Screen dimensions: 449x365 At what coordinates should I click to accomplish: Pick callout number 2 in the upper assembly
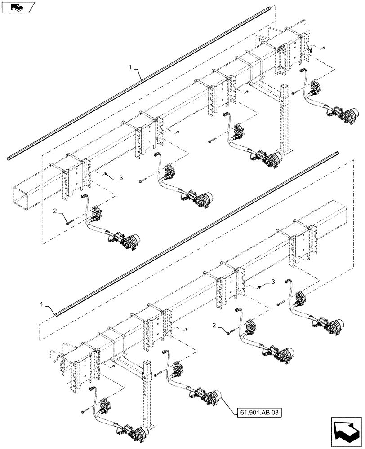point(54,210)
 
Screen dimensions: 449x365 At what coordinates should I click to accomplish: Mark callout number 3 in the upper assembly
point(121,178)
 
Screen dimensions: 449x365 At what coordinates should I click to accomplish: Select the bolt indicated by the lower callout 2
point(231,332)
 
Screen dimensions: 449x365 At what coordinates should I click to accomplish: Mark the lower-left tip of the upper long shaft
point(9,158)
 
